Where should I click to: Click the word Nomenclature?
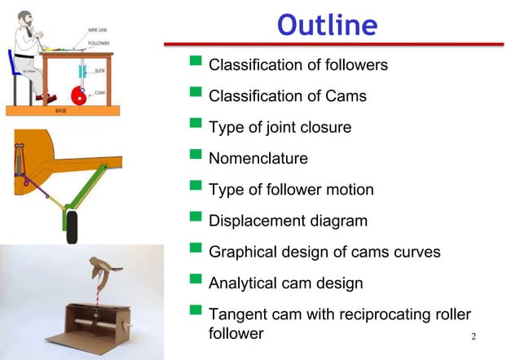(258, 158)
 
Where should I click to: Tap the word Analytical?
(245, 283)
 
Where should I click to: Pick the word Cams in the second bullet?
(348, 96)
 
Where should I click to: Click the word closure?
(326, 127)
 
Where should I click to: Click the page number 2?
(474, 337)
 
